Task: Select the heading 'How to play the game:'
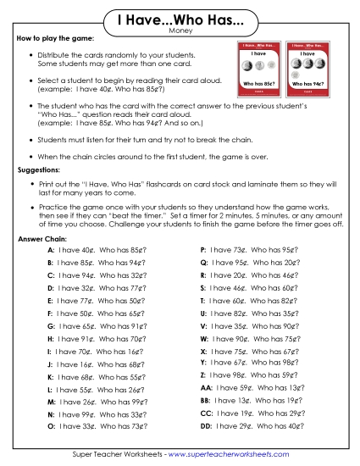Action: pyautogui.click(x=53, y=40)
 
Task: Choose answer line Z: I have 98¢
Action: pyautogui.click(x=246, y=374)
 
